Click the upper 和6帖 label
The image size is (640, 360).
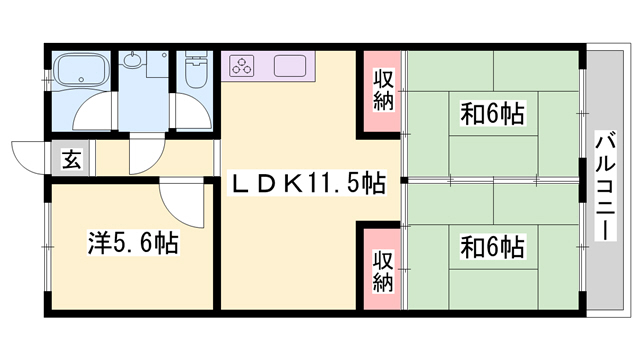493,113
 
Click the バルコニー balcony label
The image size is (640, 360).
606,184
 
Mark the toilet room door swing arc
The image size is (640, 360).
190,112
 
